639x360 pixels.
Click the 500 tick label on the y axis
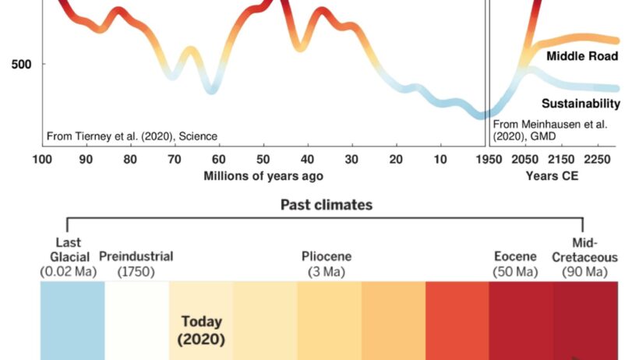[x=22, y=64]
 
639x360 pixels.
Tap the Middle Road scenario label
[x=581, y=56]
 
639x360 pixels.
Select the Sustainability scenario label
[x=581, y=104]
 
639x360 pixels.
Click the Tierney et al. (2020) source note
[x=132, y=136]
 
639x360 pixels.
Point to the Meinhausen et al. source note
[x=550, y=129]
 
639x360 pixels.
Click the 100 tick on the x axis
[x=42, y=160]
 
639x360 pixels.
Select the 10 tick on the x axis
[x=440, y=160]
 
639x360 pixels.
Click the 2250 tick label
[x=597, y=160]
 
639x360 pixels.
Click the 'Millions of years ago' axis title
[x=263, y=175]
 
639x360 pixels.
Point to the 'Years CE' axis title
[x=552, y=175]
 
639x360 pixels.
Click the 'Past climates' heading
[x=326, y=206]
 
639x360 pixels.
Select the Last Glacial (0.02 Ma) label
[x=69, y=257]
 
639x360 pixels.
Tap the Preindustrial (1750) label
[x=136, y=264]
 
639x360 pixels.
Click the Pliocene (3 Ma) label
[x=327, y=264]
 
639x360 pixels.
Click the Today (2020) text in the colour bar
[x=201, y=330]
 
